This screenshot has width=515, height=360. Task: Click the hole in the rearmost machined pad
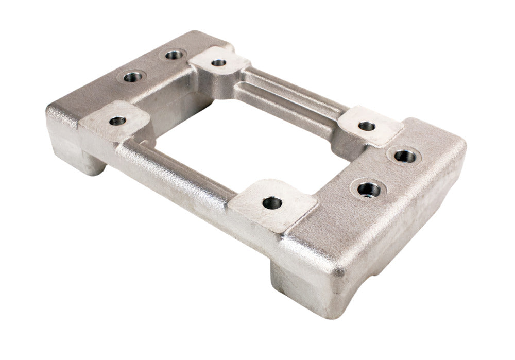pyautogui.click(x=219, y=63)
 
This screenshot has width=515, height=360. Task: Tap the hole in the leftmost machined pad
pyautogui.click(x=117, y=121)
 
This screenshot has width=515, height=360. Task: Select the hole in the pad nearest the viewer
pyautogui.click(x=272, y=202)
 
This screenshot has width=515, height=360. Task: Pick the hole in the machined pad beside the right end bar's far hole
pyautogui.click(x=367, y=126)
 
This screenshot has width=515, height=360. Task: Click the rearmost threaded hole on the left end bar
pyautogui.click(x=176, y=54)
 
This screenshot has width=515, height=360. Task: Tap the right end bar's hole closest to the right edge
pyautogui.click(x=406, y=155)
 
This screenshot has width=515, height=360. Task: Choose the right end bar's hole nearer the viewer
pyautogui.click(x=369, y=190)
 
